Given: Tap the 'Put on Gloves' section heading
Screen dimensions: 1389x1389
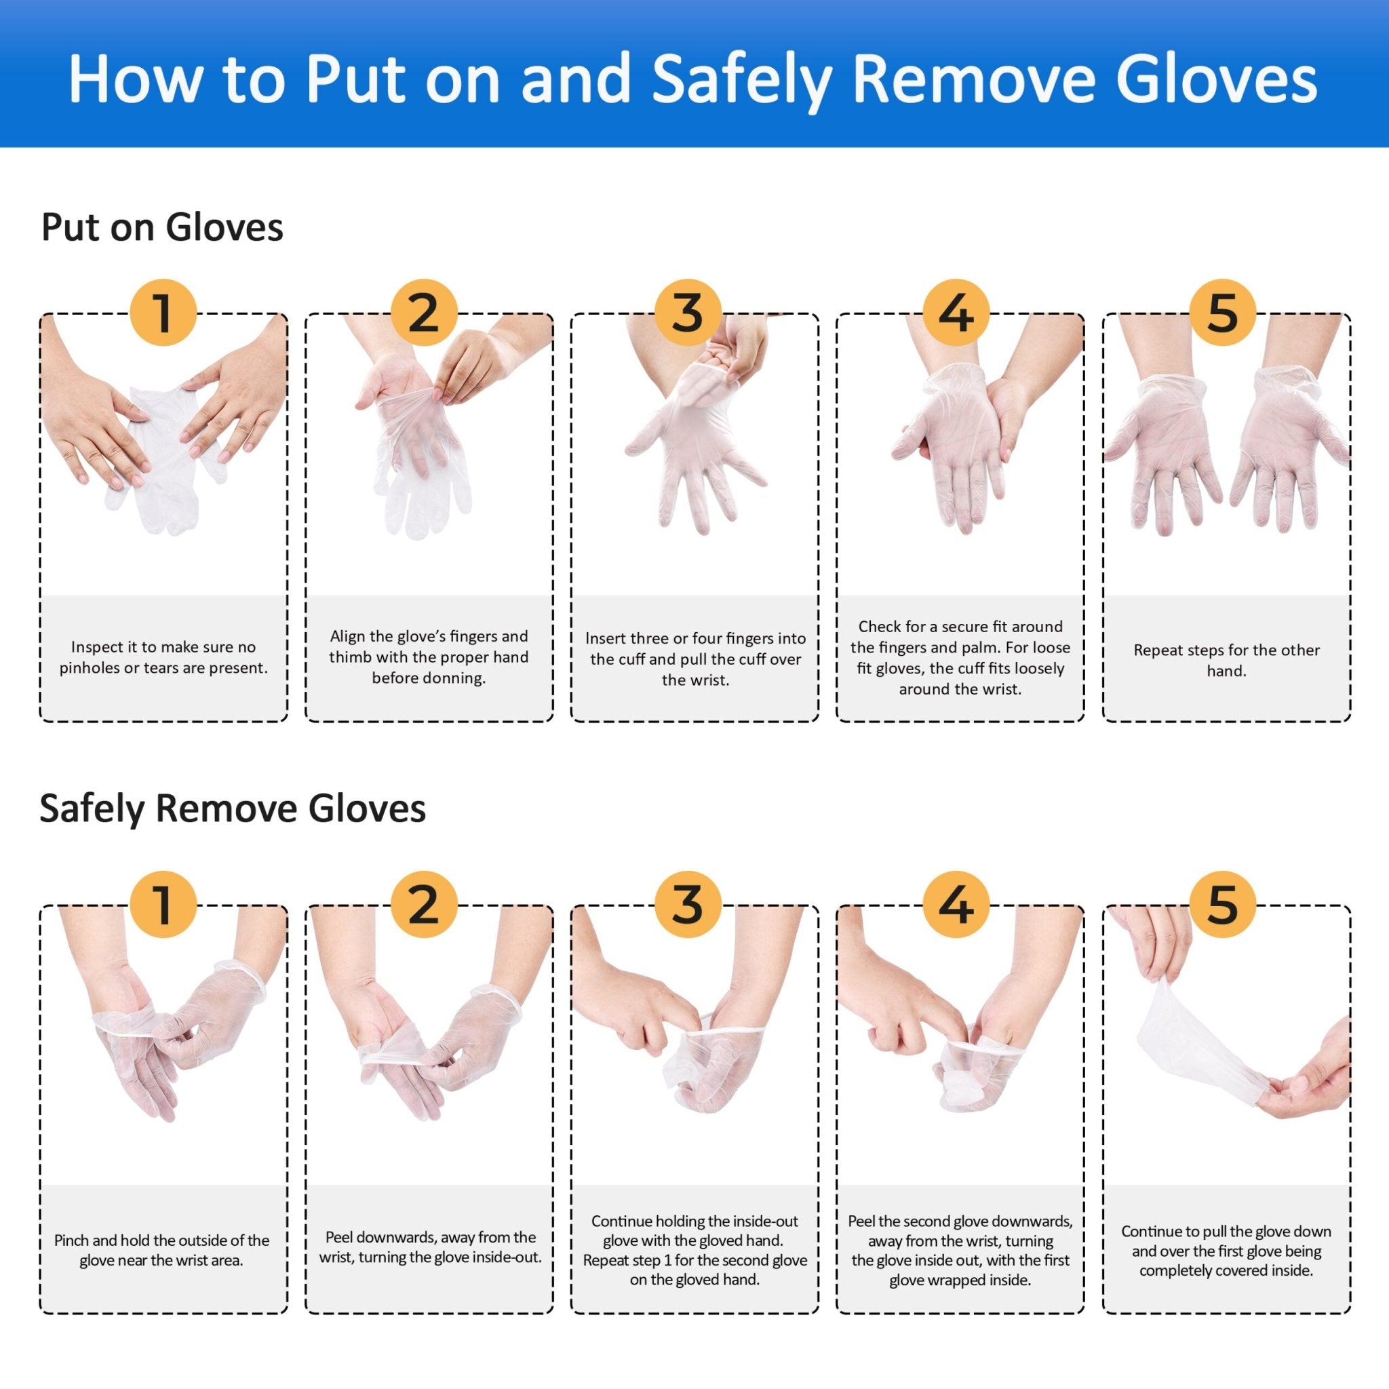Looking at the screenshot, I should [162, 227].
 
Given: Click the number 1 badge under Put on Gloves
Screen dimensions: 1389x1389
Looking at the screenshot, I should [163, 313].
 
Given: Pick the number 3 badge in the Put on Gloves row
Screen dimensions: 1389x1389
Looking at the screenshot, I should [688, 313].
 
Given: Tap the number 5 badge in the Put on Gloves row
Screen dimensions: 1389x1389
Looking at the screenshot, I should [1222, 313].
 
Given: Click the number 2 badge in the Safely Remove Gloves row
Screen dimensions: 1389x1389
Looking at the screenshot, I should [423, 905].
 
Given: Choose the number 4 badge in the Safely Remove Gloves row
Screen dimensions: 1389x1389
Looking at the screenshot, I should [956, 905].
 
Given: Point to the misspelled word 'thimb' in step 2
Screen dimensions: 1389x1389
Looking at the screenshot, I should [349, 657].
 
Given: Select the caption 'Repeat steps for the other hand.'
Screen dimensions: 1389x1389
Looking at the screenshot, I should [1226, 660].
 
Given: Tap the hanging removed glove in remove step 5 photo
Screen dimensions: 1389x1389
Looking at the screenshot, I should [1186, 1042].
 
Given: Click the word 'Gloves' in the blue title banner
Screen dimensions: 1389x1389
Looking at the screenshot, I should [1217, 81].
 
